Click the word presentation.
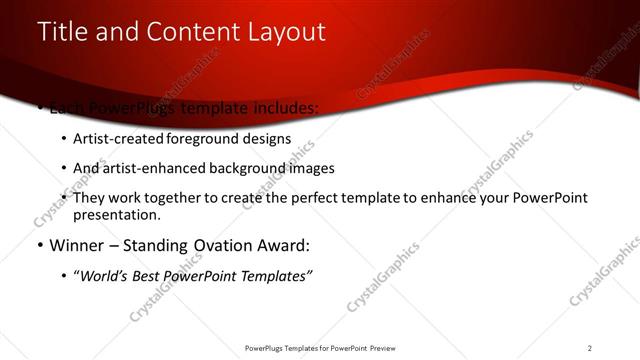[x=115, y=215]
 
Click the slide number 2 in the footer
[x=590, y=348]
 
